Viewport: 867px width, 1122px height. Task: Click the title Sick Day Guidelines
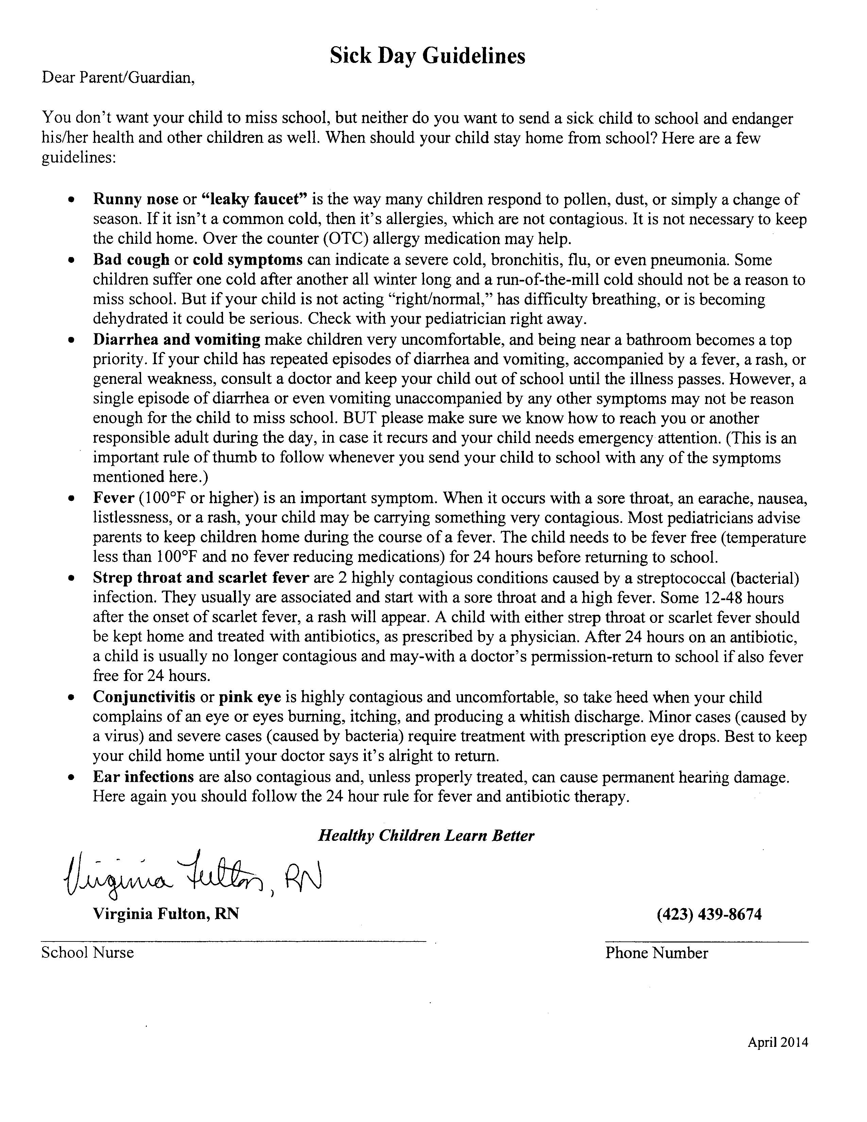click(427, 55)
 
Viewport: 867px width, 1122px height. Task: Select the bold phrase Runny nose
click(136, 199)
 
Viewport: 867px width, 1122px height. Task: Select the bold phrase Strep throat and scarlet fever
click(200, 578)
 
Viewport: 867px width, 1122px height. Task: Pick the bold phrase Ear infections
click(143, 777)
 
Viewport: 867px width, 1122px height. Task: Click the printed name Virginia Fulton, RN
click(165, 914)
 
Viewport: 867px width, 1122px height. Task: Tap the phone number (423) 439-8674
click(709, 914)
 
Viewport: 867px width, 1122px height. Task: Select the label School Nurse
click(87, 952)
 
